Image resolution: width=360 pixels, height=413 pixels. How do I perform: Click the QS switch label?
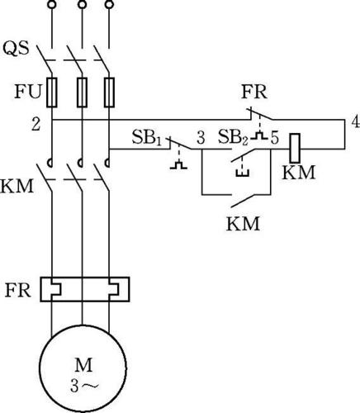16,49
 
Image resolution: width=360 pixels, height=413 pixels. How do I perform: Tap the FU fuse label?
27,92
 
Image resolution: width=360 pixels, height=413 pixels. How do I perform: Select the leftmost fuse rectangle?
52,93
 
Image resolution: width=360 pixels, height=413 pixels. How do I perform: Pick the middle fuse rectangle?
82,93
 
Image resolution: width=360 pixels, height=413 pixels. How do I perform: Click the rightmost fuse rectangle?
109,93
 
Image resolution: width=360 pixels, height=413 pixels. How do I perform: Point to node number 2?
36,124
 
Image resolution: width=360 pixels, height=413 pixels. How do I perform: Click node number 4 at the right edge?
356,121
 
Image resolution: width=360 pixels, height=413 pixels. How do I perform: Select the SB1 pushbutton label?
146,137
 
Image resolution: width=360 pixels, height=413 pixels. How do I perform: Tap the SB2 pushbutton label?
233,137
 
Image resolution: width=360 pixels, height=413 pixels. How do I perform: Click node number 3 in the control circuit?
201,138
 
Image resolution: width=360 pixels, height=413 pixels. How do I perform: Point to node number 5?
274,138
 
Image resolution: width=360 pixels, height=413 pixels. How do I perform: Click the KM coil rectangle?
295,148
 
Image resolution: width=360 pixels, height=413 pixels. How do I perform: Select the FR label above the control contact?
254,92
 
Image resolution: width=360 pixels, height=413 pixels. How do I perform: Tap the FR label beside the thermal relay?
17,290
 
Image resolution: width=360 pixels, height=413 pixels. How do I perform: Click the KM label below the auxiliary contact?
243,224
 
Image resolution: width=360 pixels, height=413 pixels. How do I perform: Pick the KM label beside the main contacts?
17,186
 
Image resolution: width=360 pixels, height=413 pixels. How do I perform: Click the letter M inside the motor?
83,365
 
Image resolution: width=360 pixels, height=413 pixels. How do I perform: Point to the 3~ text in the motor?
84,387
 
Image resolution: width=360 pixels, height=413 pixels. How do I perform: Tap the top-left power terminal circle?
51,4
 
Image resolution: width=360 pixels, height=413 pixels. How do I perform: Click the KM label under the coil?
298,173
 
